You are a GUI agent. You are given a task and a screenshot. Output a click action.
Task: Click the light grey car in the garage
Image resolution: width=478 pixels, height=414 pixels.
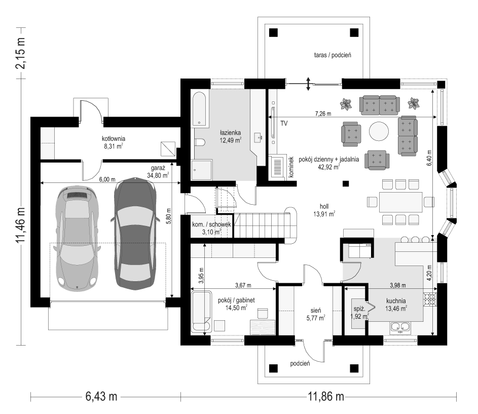click(77, 238)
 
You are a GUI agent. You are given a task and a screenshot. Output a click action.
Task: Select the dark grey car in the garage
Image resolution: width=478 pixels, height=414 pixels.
click(135, 234)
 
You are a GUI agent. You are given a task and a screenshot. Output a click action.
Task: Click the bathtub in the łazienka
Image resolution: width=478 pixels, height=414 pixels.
click(200, 110)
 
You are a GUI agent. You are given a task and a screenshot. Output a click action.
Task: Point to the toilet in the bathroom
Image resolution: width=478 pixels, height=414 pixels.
click(200, 142)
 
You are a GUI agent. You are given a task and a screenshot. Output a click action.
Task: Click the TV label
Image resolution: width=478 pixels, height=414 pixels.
click(284, 124)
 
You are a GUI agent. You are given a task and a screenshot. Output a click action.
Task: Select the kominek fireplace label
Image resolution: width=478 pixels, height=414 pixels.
click(291, 167)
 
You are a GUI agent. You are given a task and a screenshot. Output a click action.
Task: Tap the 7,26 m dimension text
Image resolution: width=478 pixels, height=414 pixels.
click(323, 114)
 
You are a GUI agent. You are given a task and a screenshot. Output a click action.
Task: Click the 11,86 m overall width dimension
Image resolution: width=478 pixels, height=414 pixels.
click(325, 396)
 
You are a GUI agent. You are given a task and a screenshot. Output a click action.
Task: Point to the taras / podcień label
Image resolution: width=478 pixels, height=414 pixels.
click(333, 55)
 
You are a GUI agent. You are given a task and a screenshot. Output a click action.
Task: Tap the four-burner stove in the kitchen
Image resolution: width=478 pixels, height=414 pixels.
click(430, 299)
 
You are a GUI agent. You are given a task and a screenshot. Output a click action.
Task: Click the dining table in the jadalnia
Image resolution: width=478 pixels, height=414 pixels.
click(400, 202)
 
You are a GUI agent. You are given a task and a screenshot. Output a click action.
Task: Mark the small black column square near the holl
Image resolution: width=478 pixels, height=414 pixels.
click(345, 183)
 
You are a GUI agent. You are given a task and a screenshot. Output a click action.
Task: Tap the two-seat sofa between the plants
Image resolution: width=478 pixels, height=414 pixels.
click(379, 105)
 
